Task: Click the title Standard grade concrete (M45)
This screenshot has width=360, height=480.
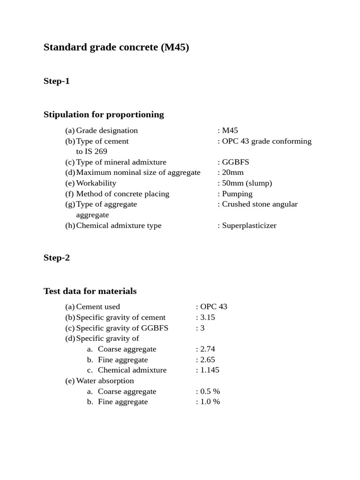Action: tap(116, 47)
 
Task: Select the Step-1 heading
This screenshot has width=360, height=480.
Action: tap(57, 81)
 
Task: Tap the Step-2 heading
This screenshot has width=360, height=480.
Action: tap(57, 257)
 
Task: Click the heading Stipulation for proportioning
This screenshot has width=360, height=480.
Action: tap(104, 114)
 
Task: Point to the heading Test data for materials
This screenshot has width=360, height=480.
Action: tap(90, 291)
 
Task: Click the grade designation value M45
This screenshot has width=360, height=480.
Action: tap(230, 130)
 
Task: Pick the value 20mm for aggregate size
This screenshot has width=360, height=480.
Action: tap(232, 172)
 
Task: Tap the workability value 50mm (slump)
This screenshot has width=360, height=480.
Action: tap(247, 183)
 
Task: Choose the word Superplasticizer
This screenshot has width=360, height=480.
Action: tap(249, 225)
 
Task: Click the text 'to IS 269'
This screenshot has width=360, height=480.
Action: tap(91, 151)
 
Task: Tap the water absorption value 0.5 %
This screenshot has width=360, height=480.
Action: tap(210, 391)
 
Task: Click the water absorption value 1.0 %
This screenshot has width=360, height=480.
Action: tap(210, 402)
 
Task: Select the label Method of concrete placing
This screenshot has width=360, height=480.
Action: tap(122, 194)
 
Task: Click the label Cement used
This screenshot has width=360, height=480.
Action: tap(98, 307)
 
